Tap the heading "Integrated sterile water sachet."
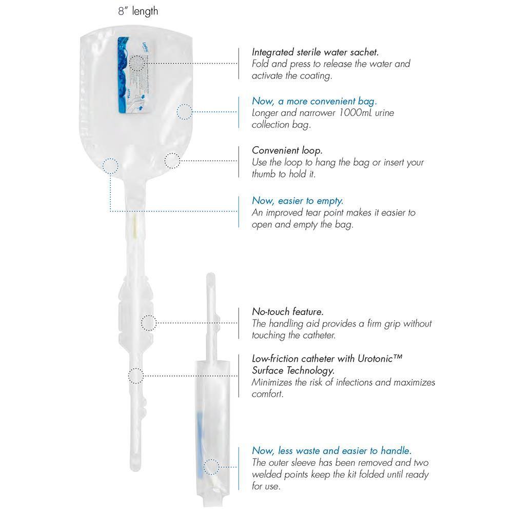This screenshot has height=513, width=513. coord(315,52)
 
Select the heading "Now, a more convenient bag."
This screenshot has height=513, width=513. coord(314,101)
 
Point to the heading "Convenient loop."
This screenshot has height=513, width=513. coord(286,150)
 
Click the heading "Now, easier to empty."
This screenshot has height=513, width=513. coord(298,201)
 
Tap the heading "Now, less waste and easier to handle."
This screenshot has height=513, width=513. coord(331,450)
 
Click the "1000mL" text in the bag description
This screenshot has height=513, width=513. coord(358,113)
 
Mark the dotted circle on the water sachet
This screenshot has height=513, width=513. coord(137,63)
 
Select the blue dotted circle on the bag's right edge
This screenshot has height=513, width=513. coord(185,111)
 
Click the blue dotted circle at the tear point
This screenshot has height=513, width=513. coord(110,166)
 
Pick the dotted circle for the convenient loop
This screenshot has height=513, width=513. coord(172,161)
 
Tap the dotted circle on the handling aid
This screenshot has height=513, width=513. coord(148,323)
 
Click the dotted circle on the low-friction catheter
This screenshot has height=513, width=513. coord(135,376)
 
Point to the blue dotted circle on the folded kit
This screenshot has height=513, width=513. coord(210,467)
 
